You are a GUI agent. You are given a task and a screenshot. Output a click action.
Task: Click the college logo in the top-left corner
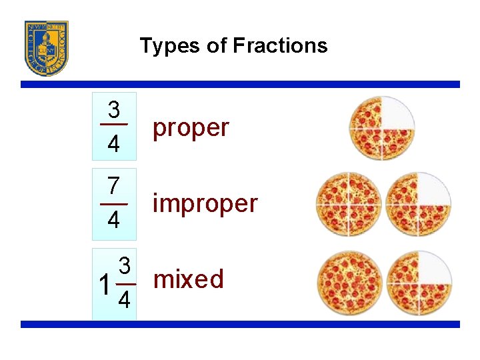pos(47,48)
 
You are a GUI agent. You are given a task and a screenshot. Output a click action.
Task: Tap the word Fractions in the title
pos(280,45)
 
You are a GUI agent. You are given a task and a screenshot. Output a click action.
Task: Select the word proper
pos(191,127)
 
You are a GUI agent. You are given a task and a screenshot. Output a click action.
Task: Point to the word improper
pos(205,203)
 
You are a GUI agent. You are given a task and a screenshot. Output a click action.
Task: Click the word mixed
pos(189,279)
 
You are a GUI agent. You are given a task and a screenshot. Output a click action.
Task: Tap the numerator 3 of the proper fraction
pos(114,109)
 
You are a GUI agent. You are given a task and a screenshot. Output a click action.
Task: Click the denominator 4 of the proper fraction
pos(114,144)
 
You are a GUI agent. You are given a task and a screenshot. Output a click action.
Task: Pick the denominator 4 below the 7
pos(114,220)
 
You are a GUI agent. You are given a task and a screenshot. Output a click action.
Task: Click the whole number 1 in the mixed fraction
pos(104,285)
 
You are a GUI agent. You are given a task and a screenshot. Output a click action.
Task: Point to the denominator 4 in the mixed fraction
pos(124,302)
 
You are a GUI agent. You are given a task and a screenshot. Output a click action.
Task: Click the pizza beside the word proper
pos(381,128)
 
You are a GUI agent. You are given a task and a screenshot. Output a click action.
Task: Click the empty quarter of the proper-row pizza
pos(397,113)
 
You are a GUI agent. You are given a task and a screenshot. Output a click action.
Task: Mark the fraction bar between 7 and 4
pos(114,203)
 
